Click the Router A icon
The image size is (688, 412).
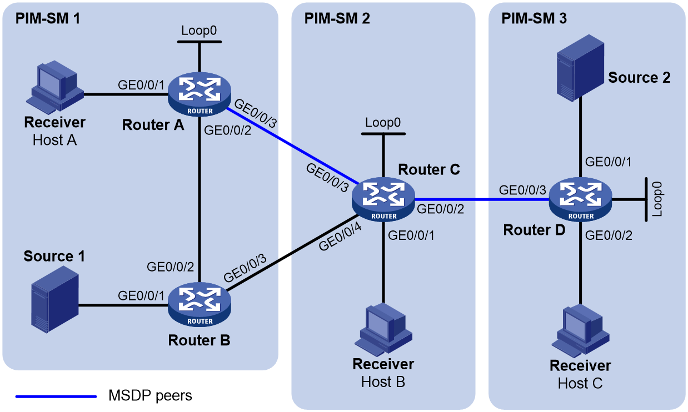(x=200, y=94)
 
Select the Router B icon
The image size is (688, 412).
(x=200, y=305)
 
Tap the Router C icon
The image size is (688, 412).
(x=383, y=199)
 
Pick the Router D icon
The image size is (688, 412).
(x=581, y=199)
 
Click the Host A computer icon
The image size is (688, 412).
(x=55, y=87)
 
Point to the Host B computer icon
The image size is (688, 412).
(x=383, y=329)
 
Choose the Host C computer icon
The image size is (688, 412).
(x=581, y=330)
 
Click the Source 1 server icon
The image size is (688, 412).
(x=55, y=299)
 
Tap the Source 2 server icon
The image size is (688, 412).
(x=581, y=68)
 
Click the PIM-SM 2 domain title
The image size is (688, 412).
(x=337, y=18)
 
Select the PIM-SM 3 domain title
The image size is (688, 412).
(x=534, y=18)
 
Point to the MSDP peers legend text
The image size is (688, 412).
(x=150, y=395)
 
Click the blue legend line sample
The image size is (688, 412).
(x=56, y=396)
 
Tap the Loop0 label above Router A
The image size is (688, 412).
(x=199, y=31)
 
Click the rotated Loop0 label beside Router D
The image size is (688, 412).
(x=657, y=199)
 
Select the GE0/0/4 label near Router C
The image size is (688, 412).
(x=340, y=237)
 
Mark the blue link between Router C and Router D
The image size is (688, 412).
(x=482, y=199)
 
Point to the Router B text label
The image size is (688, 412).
(x=199, y=340)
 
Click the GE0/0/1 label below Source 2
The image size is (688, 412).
(x=608, y=162)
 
